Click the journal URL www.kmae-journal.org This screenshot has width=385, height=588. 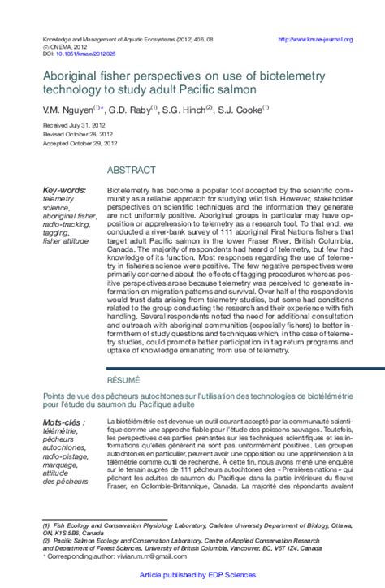315,39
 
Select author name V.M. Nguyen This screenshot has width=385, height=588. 67,107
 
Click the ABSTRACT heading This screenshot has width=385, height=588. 131,170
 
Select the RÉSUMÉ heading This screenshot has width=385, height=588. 123,379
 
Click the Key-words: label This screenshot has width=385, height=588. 64,190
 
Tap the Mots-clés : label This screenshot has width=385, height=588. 63,423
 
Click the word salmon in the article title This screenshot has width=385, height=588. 237,89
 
